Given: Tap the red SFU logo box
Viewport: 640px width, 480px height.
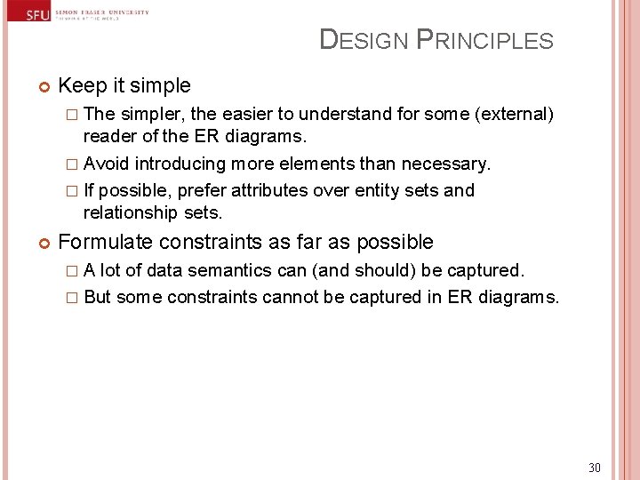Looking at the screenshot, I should (x=37, y=14).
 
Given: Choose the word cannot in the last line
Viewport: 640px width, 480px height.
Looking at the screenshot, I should (x=291, y=297).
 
